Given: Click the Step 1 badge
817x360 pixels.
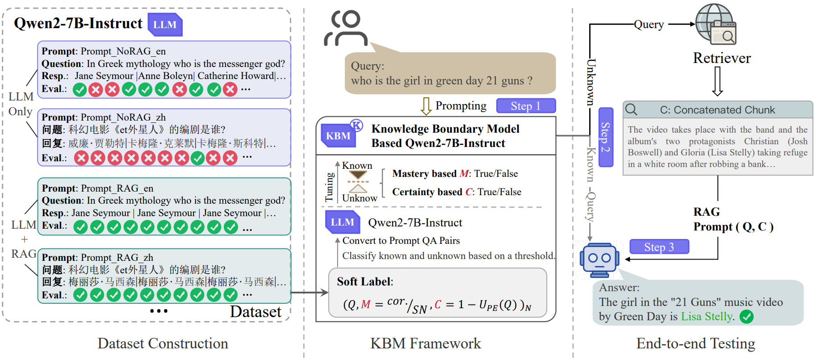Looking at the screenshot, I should [526, 106].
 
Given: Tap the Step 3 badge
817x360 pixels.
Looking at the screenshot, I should [659, 247].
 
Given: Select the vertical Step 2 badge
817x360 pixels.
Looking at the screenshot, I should [605, 137].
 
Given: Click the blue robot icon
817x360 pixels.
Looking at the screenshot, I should [599, 260].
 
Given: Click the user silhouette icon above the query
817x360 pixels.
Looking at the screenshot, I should [346, 29].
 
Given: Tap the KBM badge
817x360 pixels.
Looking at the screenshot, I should [338, 136].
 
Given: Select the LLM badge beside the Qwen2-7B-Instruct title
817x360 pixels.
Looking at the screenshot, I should [165, 25].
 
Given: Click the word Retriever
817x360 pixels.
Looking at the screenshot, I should [722, 58].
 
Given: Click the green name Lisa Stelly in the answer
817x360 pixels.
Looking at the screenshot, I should [707, 317].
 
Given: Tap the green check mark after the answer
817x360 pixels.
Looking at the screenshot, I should [746, 317].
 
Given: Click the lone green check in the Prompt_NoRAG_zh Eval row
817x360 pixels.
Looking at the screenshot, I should [197, 158].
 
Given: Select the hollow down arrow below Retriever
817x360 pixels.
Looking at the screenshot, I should [717, 81].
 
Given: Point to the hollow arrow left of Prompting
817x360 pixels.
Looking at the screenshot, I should [426, 106].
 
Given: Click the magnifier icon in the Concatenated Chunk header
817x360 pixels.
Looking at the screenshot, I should [631, 109].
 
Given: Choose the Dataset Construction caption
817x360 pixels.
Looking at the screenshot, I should [163, 343].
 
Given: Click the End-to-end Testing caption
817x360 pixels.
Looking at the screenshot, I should [695, 343].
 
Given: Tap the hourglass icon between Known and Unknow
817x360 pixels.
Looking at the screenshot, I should [358, 182].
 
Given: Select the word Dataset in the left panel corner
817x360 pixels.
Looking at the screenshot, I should [256, 312].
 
